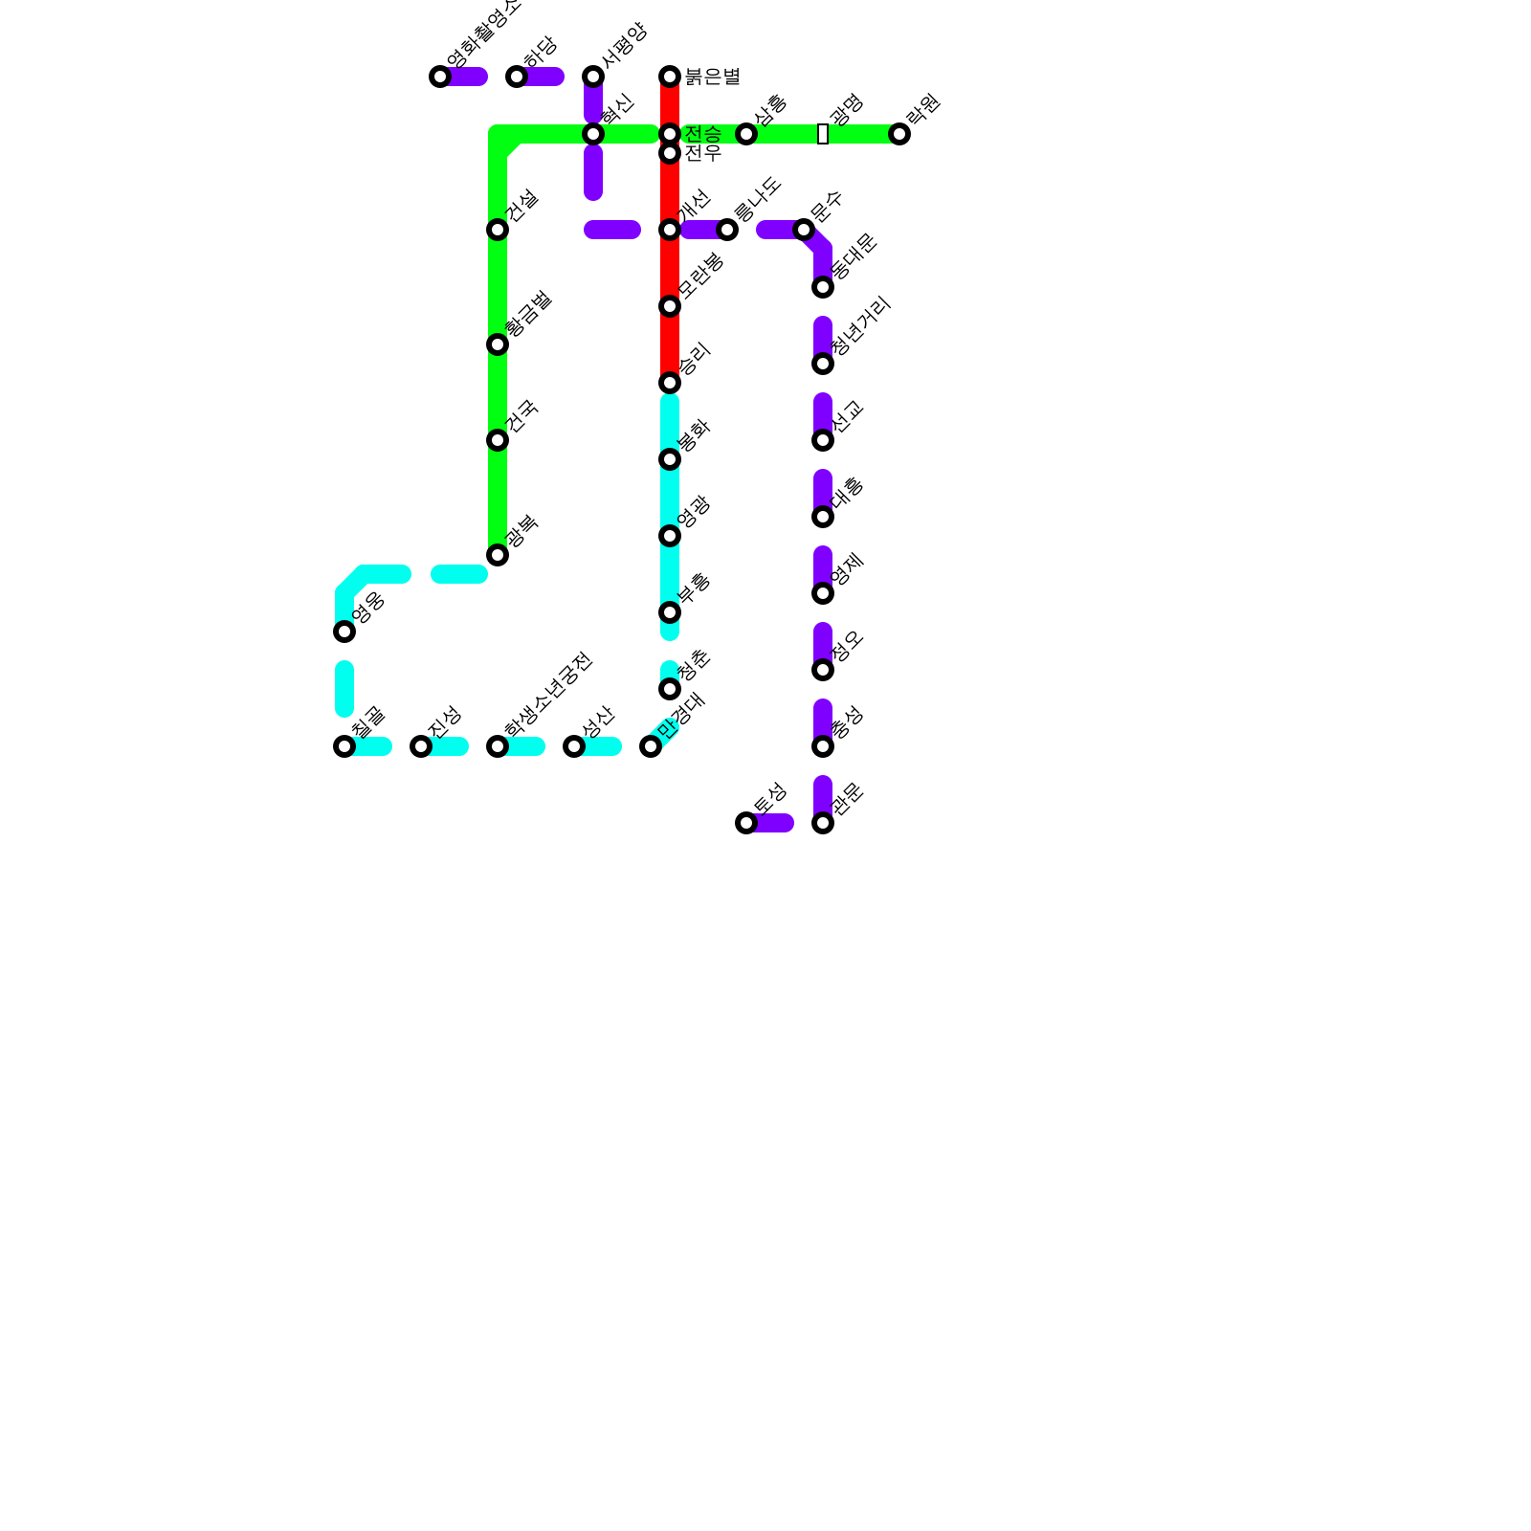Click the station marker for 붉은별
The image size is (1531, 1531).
click(x=670, y=77)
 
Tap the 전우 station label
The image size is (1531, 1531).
click(x=702, y=153)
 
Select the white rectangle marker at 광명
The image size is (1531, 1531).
click(x=823, y=134)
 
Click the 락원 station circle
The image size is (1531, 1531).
click(x=899, y=134)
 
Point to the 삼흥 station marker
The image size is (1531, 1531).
click(x=746, y=134)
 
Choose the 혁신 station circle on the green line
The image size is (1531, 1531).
click(x=593, y=134)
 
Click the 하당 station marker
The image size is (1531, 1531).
click(x=517, y=77)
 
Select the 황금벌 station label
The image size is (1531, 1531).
click(x=529, y=314)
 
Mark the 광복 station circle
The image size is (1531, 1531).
click(x=498, y=555)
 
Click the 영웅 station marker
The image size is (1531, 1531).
click(x=344, y=632)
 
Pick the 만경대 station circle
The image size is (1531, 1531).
click(x=651, y=746)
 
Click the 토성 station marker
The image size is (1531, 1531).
click(x=746, y=823)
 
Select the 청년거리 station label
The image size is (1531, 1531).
click(x=861, y=326)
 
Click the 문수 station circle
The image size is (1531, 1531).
click(x=804, y=230)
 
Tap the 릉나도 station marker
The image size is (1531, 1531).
click(x=727, y=230)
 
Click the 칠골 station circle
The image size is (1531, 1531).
click(x=344, y=746)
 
